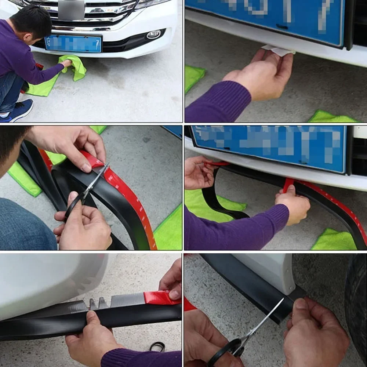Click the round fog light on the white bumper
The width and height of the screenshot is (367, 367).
(x=153, y=34)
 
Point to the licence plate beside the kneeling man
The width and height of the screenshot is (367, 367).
(x=73, y=44)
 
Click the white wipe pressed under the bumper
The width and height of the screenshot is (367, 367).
(x=279, y=51)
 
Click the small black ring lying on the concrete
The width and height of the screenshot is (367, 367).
(x=157, y=346)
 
